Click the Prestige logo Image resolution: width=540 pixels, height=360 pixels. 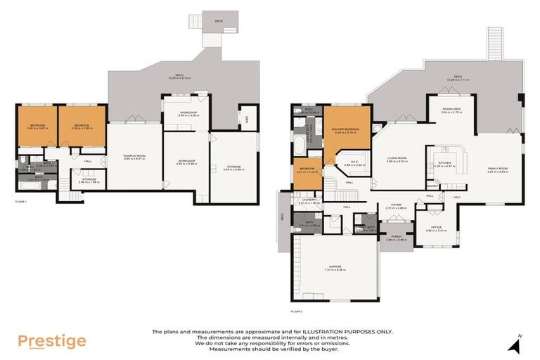click(x=52, y=342)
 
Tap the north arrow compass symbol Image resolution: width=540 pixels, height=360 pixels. click(x=517, y=345)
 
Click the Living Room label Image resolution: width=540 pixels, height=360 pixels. click(x=397, y=159)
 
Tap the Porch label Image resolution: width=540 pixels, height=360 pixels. click(x=397, y=237)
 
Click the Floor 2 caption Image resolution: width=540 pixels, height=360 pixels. click(x=296, y=311)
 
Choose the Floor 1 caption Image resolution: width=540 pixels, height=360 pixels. click(x=20, y=202)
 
